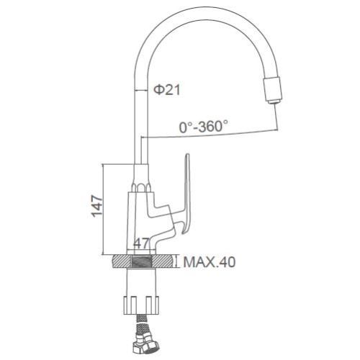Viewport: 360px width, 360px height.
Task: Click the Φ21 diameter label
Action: click(166, 90)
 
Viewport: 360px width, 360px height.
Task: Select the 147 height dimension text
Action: click(97, 207)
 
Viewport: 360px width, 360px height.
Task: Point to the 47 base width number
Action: click(141, 243)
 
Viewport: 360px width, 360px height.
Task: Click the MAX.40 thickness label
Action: click(210, 262)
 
